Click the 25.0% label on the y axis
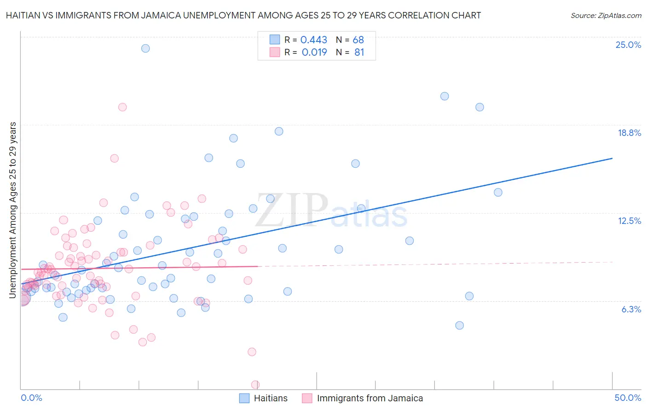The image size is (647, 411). (x=628, y=45)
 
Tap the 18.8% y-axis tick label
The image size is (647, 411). (x=629, y=133)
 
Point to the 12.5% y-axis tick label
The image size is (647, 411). (x=629, y=221)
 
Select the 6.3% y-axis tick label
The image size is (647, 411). (x=631, y=309)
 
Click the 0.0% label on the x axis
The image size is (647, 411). (x=31, y=398)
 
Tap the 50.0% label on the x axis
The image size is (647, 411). (x=628, y=398)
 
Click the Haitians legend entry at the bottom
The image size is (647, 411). (x=270, y=398)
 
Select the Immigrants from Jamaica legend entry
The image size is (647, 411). (x=370, y=398)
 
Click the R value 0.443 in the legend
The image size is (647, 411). (x=313, y=40)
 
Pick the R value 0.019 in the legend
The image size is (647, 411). (x=314, y=53)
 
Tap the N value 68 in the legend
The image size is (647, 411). (x=358, y=40)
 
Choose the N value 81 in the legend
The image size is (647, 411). (x=359, y=53)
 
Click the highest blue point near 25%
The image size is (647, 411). (x=145, y=48)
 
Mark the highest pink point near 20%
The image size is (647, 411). (x=122, y=107)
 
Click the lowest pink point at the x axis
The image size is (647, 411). (x=255, y=385)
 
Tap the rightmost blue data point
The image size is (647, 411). (x=498, y=193)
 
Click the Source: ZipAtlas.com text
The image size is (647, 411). (x=606, y=16)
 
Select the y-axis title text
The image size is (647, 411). (x=13, y=210)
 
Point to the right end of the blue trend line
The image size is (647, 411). (x=612, y=159)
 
